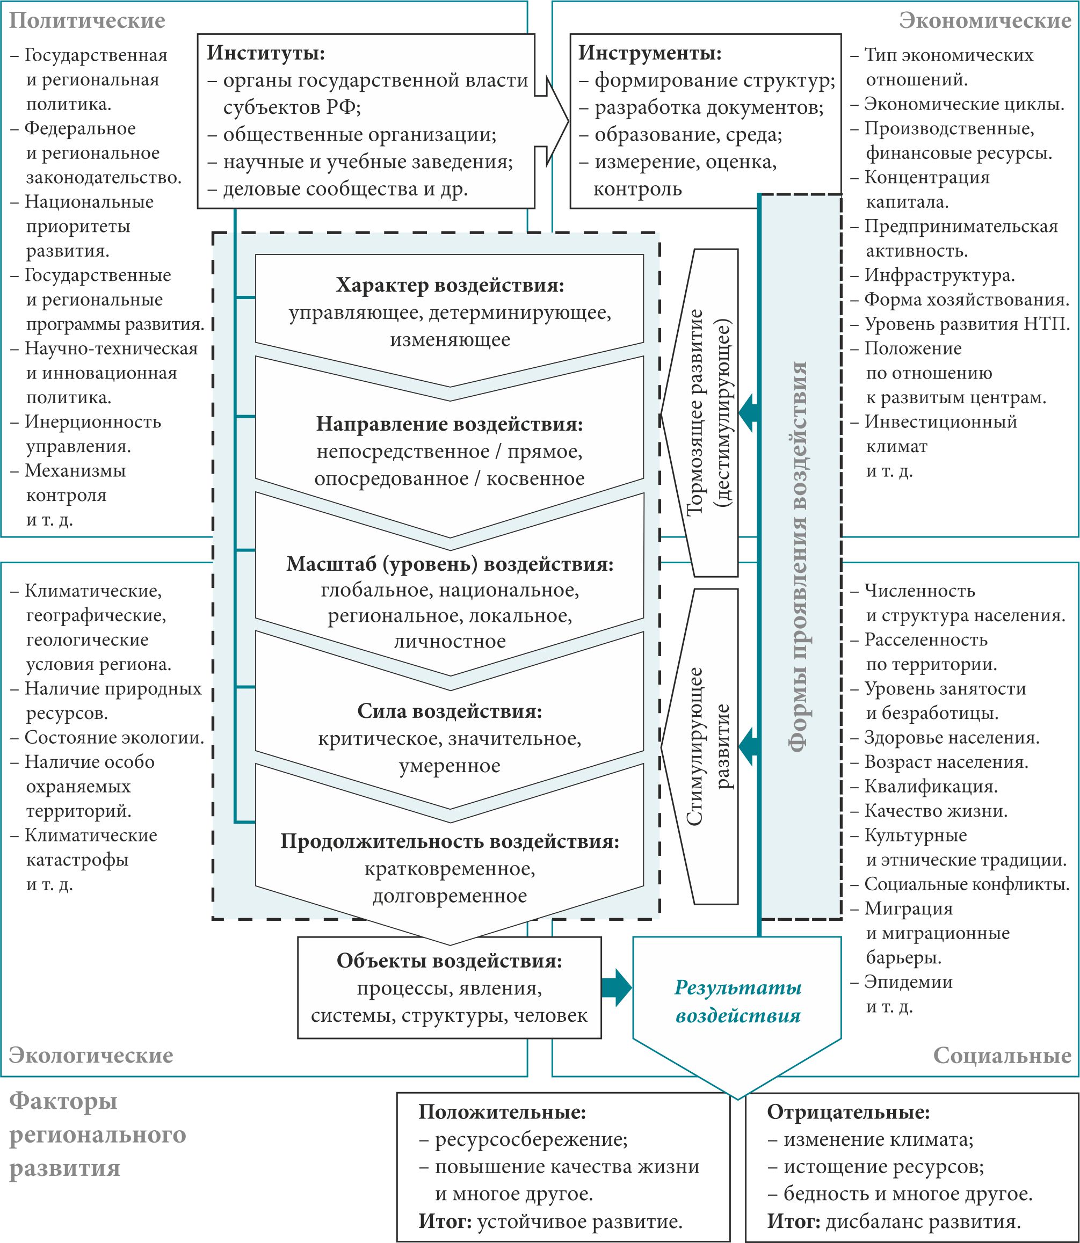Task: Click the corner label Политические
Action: point(87,20)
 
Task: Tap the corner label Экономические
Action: point(985,20)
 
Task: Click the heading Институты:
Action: point(266,53)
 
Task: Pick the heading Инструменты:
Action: point(650,53)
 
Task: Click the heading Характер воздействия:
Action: point(450,285)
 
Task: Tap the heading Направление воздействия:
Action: point(450,424)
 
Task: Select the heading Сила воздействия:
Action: point(450,711)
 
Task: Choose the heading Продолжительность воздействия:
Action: point(450,841)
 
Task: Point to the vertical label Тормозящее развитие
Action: point(696,412)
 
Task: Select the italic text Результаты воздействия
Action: point(738,1001)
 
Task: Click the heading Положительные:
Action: point(502,1111)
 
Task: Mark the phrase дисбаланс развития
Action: point(923,1222)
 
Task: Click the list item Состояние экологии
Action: point(114,738)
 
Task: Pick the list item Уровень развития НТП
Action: point(967,324)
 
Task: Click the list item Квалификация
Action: point(931,786)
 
